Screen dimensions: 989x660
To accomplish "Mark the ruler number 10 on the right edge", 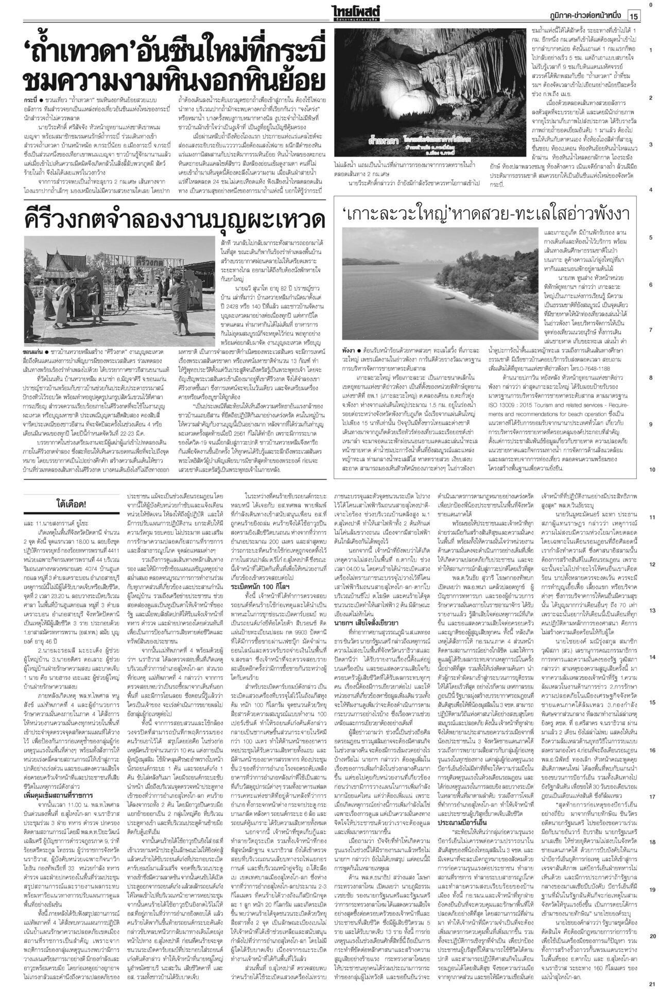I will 651,469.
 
